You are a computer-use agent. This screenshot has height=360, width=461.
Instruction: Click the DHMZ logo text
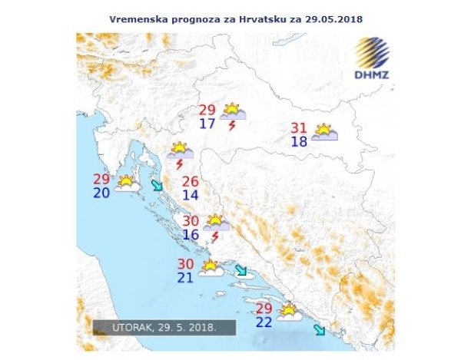(372, 76)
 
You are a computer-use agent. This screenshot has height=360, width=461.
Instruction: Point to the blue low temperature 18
(300, 142)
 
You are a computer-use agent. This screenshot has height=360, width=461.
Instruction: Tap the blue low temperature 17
(207, 124)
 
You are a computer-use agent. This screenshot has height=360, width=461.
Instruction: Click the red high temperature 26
(190, 182)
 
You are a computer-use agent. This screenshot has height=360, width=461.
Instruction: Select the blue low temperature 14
(190, 196)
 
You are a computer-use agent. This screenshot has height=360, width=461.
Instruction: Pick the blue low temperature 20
(101, 193)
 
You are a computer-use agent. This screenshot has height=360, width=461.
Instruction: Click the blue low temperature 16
(191, 234)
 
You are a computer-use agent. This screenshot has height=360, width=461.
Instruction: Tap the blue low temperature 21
(185, 277)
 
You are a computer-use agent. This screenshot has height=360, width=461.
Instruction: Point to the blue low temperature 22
(263, 322)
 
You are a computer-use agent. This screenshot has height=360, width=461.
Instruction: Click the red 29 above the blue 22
(263, 308)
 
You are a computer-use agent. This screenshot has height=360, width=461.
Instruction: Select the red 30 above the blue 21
(185, 263)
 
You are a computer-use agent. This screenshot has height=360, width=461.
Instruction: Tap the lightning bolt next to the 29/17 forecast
(232, 126)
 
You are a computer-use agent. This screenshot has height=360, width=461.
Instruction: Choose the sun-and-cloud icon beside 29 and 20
(127, 183)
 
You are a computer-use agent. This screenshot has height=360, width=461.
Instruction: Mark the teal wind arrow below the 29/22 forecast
(319, 330)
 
